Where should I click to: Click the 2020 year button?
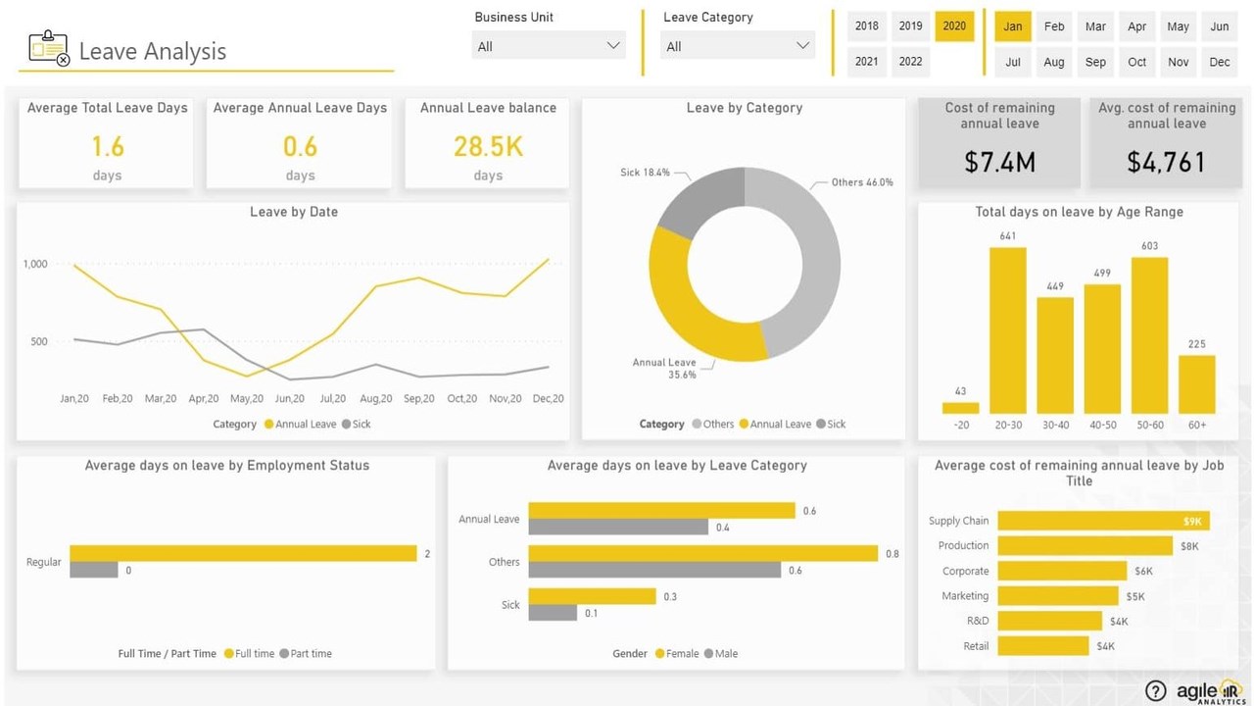954,26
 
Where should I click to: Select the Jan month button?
1013,26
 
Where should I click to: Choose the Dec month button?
1220,62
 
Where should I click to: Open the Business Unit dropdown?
549,46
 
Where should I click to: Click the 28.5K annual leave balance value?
488,146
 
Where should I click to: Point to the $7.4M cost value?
999,162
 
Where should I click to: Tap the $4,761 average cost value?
1166,162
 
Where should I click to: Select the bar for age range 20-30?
1008,330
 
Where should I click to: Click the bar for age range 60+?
1197,384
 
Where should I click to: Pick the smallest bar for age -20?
961,408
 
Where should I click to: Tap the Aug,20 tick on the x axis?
376,399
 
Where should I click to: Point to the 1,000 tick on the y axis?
35,264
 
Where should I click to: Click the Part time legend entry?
306,653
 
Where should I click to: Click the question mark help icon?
1156,691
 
